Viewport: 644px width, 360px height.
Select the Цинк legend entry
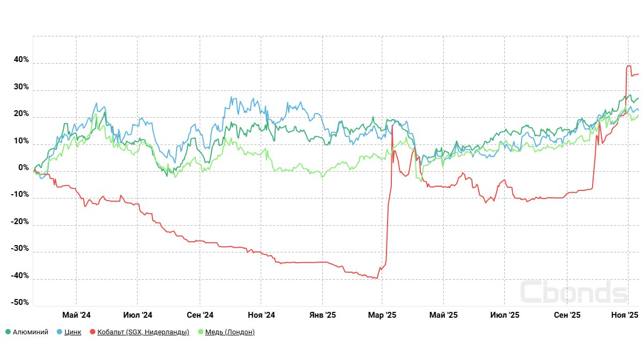(72, 332)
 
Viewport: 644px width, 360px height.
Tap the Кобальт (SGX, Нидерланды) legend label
(143, 332)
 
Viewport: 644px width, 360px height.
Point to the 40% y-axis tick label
(21, 60)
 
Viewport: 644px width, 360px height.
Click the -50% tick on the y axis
(20, 302)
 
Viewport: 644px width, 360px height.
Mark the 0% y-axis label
(24, 168)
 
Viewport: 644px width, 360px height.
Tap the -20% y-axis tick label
(20, 222)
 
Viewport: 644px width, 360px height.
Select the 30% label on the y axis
(21, 87)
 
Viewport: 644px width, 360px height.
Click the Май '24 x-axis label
(77, 315)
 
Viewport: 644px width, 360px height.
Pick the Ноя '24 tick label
(261, 315)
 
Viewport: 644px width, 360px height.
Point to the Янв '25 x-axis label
(322, 315)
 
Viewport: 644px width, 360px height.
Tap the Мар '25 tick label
(382, 315)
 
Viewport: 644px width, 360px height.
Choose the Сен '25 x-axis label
(567, 315)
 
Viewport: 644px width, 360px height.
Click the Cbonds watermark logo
(573, 292)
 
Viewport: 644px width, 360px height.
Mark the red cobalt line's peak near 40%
(628, 66)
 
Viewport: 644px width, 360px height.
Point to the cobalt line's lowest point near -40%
(377, 278)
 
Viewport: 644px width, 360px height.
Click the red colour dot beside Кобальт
(93, 332)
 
